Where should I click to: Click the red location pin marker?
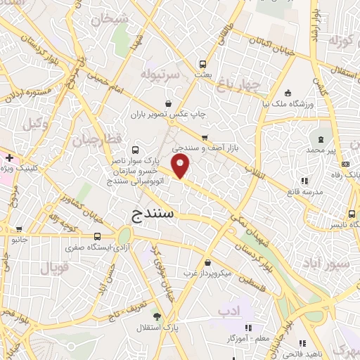pos(181,167)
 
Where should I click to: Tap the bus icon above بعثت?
pos(202,62)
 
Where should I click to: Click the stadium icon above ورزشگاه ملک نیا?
pos(288,94)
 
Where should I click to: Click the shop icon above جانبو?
pos(18,229)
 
